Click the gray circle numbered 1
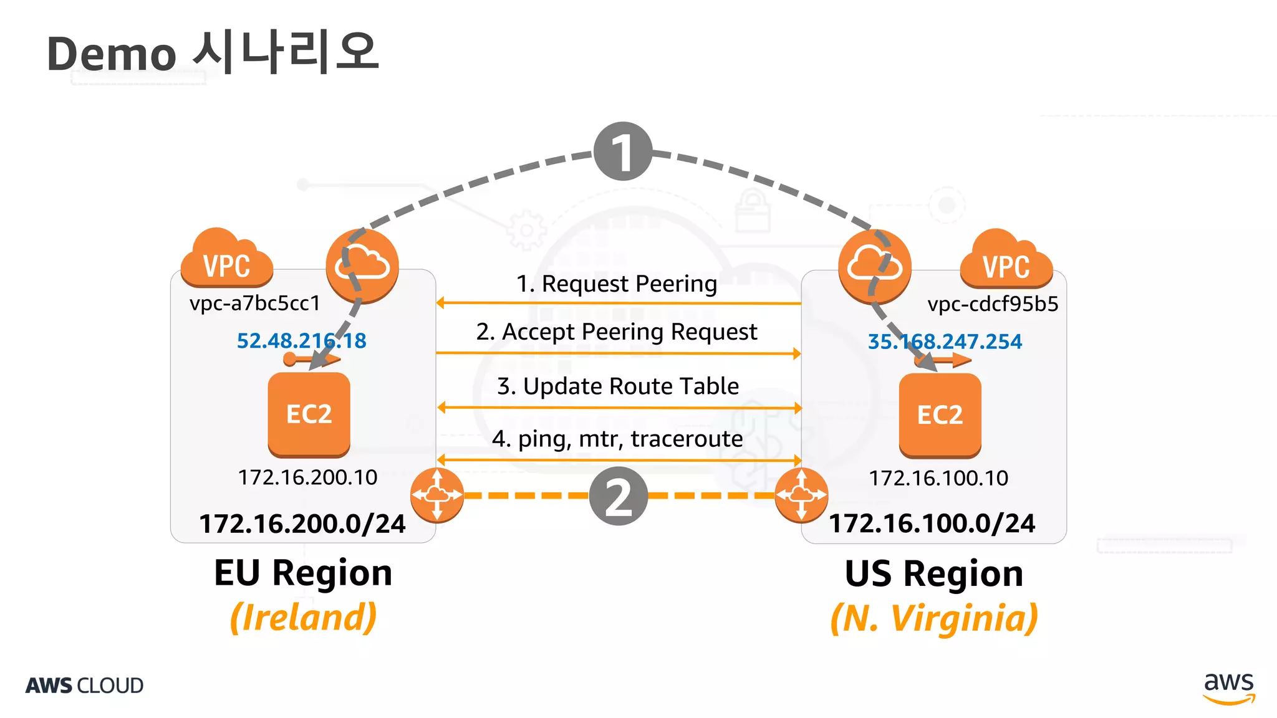coord(622,151)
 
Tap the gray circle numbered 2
coord(618,496)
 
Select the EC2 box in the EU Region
coord(309,414)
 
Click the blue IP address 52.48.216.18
coord(301,341)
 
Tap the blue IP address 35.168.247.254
coord(945,342)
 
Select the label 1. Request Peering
coord(616,284)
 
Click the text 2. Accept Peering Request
coord(616,332)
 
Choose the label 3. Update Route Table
coord(617,386)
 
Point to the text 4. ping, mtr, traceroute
coord(617,439)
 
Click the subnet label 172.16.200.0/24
coord(302,524)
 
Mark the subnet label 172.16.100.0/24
coord(932,524)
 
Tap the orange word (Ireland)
coord(303,617)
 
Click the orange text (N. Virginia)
coord(933,618)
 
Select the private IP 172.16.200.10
coord(307,477)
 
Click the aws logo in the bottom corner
coord(1228,687)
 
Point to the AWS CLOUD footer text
coord(84,686)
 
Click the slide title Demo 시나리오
coord(213,53)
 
